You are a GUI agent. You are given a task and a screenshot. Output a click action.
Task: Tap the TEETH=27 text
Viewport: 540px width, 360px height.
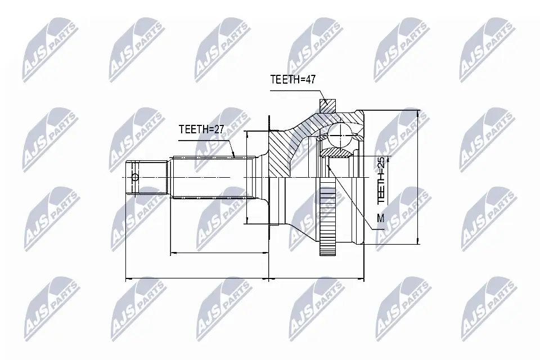tap(201, 129)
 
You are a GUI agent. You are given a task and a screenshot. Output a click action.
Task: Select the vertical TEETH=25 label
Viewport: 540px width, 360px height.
tap(381, 180)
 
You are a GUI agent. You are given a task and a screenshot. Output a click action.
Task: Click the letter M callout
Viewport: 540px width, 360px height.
tap(380, 218)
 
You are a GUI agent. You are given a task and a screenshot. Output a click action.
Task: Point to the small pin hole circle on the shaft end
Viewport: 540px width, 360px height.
tap(134, 178)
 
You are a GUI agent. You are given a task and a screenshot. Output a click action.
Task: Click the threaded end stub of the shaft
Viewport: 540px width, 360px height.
tap(147, 178)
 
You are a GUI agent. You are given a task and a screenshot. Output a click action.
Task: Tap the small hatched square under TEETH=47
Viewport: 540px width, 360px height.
tap(327, 105)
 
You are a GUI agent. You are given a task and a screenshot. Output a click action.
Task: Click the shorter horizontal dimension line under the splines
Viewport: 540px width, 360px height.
tap(219, 253)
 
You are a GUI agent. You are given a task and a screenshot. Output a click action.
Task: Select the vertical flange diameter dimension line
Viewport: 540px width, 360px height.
tap(247, 177)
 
